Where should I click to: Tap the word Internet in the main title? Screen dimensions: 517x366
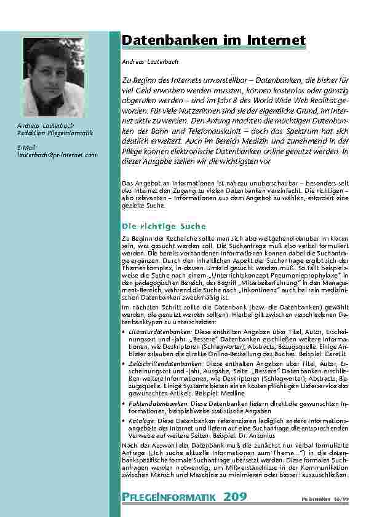pos(274,41)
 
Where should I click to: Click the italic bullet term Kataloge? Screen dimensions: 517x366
pos(141,421)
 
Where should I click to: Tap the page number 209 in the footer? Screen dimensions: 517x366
pos(237,496)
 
